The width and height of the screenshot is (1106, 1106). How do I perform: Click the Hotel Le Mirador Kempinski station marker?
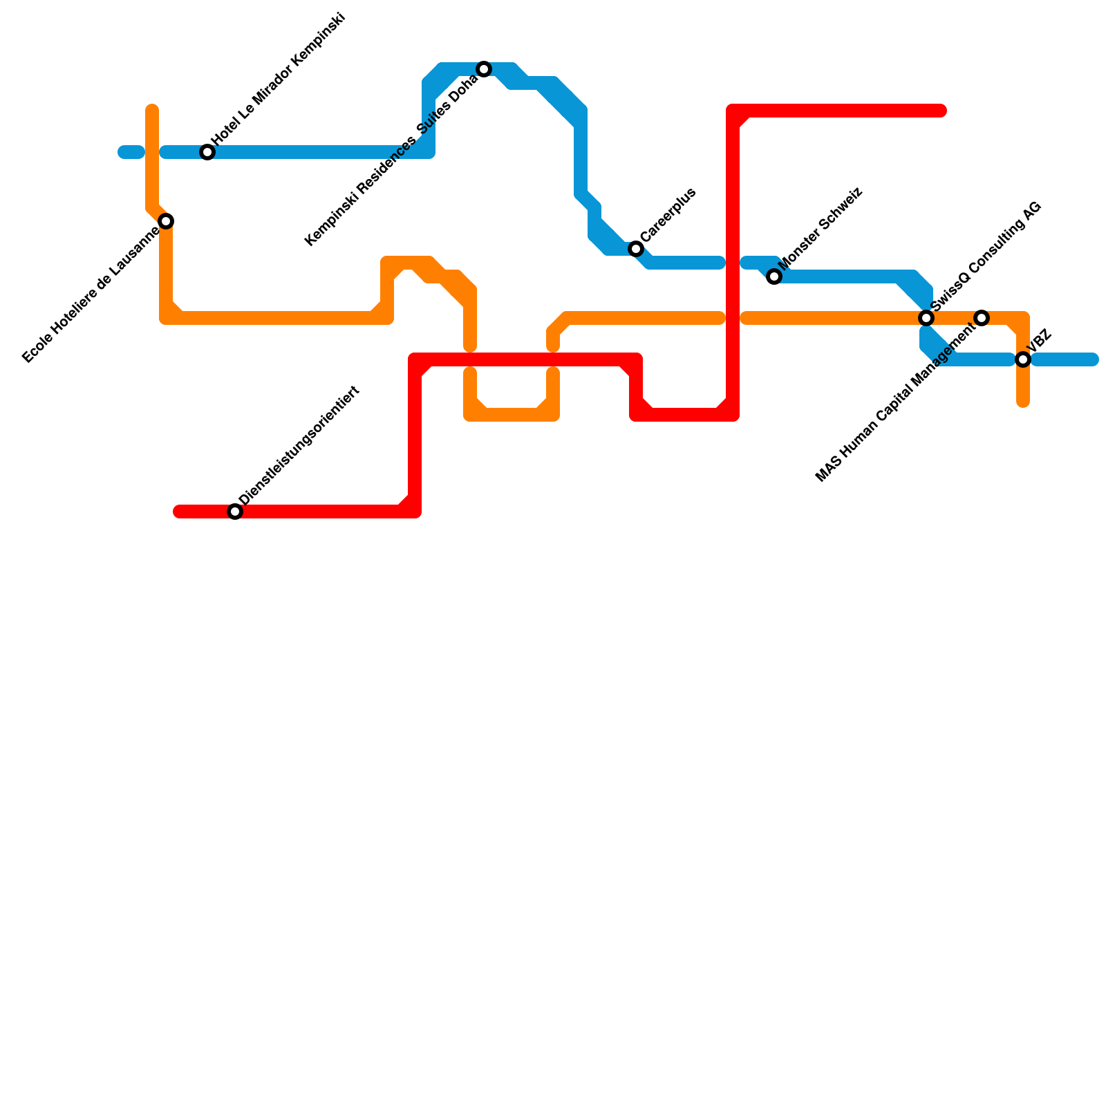(207, 152)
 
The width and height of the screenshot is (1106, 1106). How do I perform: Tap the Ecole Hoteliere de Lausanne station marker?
(166, 221)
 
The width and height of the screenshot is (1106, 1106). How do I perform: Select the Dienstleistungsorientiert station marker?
(235, 512)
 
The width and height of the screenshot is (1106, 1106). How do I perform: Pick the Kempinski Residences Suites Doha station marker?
(484, 69)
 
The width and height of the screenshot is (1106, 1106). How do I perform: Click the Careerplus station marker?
(636, 249)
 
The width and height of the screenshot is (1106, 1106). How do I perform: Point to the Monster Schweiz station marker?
(774, 276)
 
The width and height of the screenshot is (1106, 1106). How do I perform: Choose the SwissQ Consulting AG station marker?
(926, 318)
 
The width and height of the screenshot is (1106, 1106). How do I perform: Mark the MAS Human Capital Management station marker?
(982, 318)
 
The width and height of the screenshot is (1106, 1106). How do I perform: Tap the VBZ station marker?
(1023, 359)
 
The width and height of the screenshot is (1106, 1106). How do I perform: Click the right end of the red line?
(941, 111)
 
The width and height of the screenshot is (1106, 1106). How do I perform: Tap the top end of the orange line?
(152, 109)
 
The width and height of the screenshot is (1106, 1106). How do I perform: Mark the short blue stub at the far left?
(131, 152)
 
